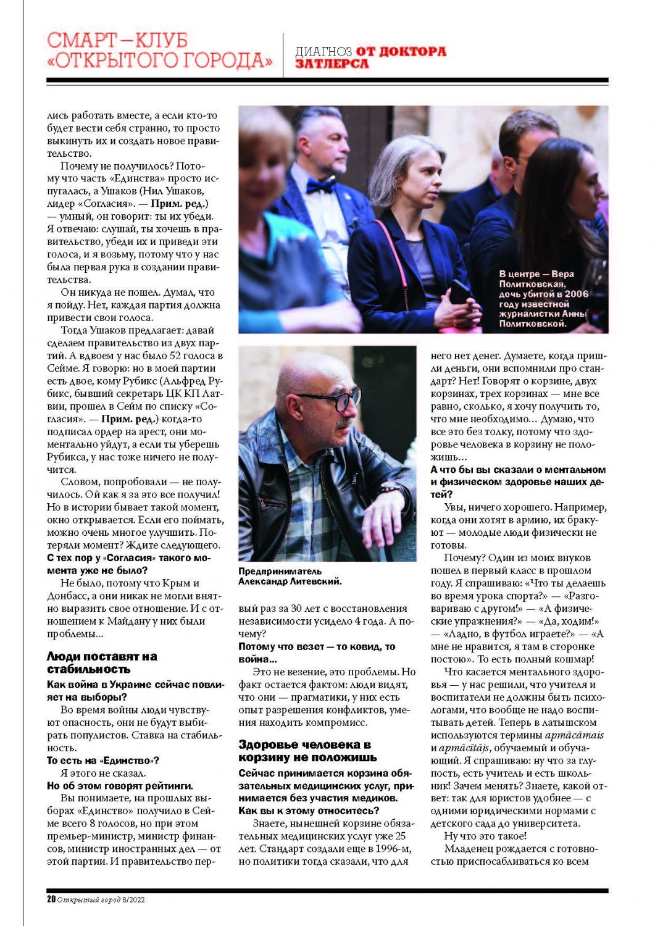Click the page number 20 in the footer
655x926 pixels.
51,899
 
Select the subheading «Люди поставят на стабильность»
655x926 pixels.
102,662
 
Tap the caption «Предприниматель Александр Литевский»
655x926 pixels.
290,576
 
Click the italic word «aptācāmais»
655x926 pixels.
574,735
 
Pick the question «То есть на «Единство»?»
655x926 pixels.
103,761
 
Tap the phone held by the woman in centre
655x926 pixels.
461,291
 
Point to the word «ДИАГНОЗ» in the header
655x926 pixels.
323,52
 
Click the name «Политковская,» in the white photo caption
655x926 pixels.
532,284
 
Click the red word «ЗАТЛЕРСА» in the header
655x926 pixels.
332,64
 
